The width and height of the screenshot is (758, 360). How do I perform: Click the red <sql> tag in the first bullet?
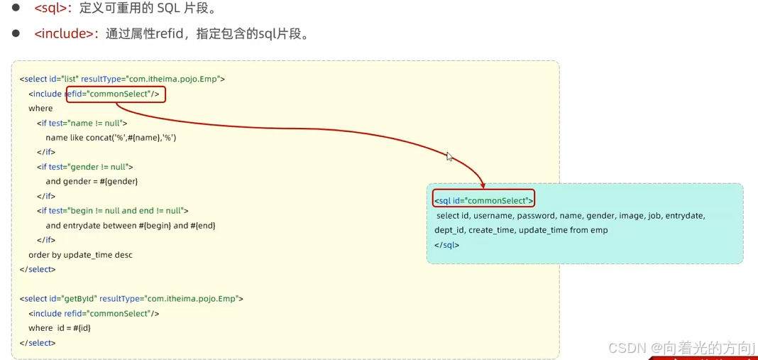click(54, 9)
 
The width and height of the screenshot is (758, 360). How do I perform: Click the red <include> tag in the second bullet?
click(65, 34)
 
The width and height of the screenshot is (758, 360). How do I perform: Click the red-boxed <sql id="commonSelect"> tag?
click(483, 201)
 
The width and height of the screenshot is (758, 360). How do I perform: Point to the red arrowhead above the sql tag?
click(483, 185)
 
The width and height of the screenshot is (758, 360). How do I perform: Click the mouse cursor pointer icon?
click(449, 157)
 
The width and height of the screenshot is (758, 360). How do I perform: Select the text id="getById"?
click(72, 299)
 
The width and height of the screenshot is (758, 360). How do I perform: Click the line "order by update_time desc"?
click(80, 255)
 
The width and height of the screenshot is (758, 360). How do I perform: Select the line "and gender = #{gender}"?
click(92, 182)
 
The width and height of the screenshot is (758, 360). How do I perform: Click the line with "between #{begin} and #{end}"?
click(130, 226)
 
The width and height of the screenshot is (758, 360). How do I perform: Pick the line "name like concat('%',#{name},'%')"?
click(111, 138)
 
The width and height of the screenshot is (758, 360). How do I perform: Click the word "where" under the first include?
click(40, 109)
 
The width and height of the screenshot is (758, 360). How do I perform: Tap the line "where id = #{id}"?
click(60, 328)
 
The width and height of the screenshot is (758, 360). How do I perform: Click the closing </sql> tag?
click(447, 245)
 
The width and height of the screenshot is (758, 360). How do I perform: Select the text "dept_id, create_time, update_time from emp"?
click(521, 230)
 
